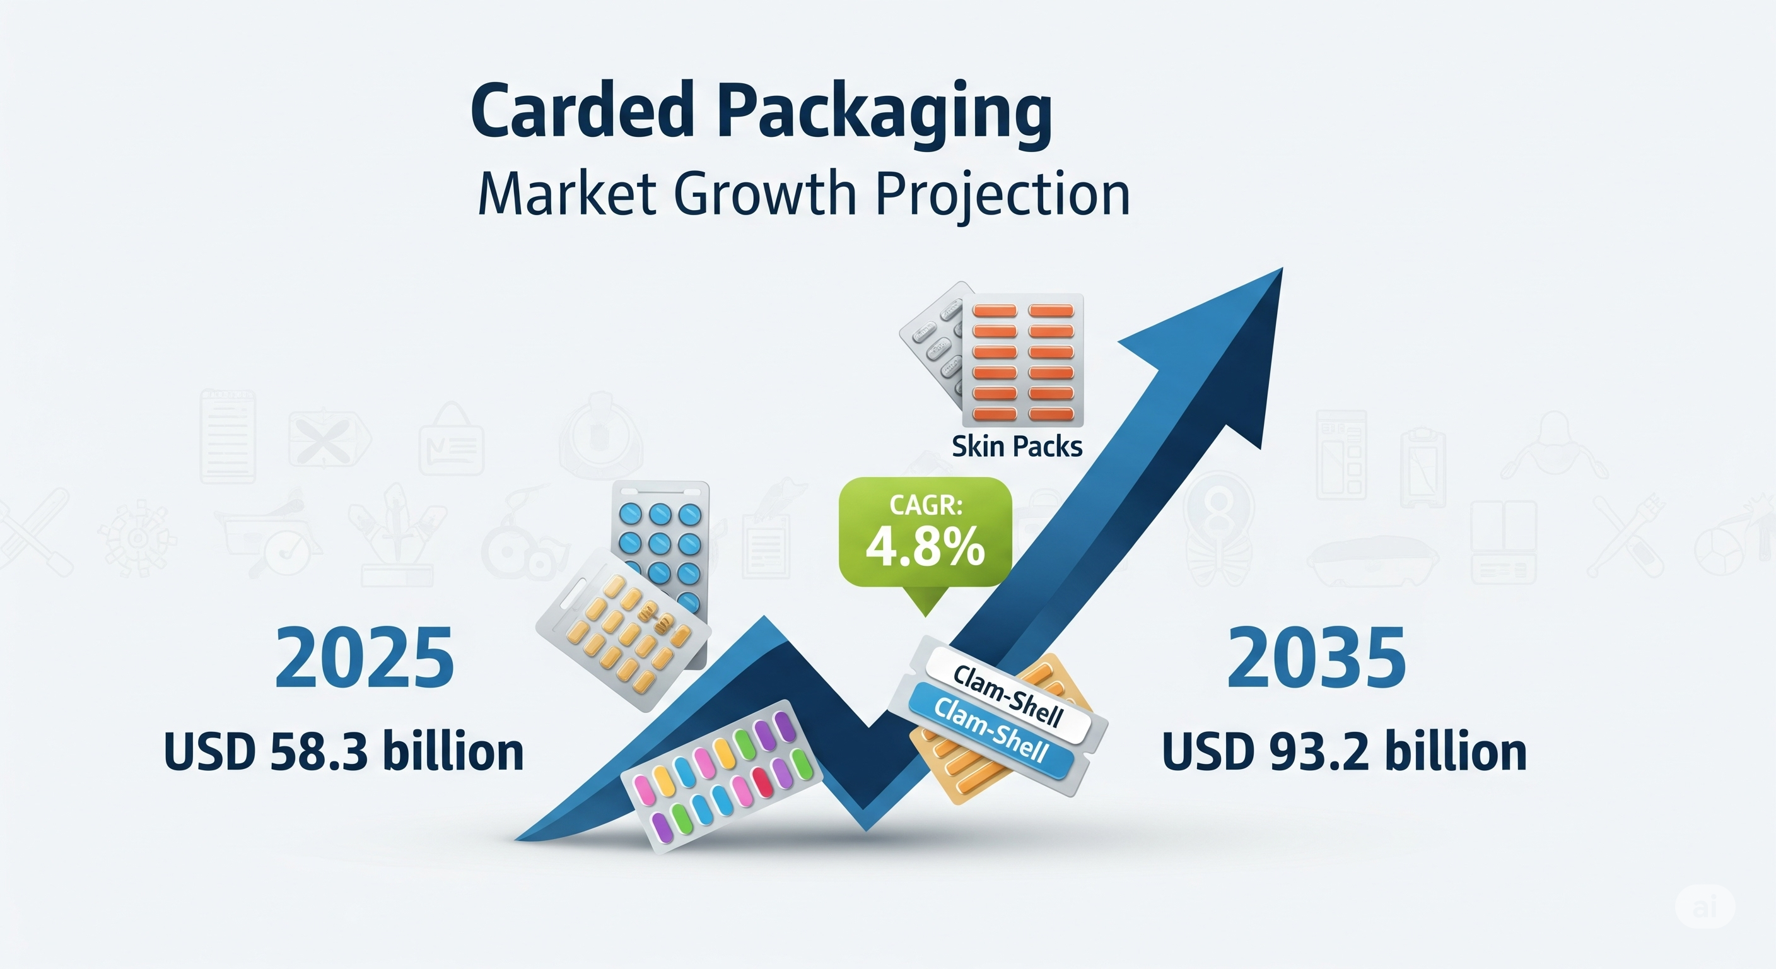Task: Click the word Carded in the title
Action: click(582, 111)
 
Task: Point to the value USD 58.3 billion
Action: click(344, 751)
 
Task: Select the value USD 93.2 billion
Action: click(1345, 751)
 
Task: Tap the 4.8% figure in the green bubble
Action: click(925, 547)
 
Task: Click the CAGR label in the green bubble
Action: click(926, 505)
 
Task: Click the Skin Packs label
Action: click(1017, 447)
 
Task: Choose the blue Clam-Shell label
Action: click(991, 728)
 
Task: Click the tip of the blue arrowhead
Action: click(1282, 268)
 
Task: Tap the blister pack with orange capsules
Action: click(1023, 360)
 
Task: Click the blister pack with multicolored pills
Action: click(722, 777)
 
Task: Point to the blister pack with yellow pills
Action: click(623, 630)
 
